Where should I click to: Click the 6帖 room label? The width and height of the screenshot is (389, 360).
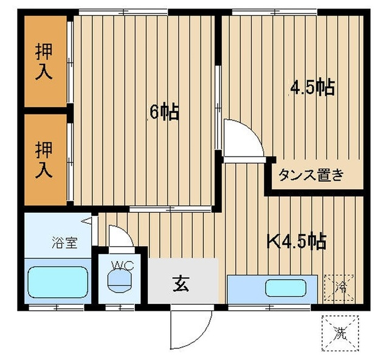coord(164,112)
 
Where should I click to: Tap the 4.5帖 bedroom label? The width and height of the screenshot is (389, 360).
coord(312,88)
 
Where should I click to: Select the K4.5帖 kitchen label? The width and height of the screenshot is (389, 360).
coord(297,241)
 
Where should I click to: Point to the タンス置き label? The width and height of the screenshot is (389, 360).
coord(311,176)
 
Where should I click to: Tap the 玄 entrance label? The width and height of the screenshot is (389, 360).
coord(181,283)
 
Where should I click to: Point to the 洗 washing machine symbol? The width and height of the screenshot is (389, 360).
coord(340,332)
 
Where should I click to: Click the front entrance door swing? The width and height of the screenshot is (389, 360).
coord(190,329)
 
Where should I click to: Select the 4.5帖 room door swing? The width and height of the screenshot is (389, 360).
coord(241,139)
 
